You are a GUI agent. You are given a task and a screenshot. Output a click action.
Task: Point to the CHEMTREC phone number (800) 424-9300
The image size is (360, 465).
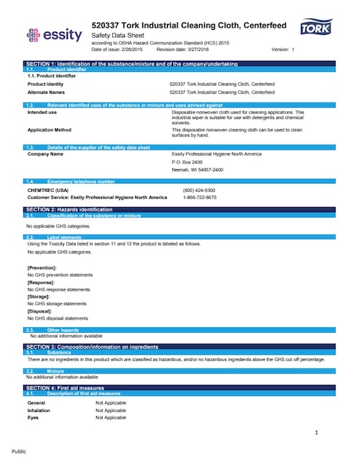point(199,190)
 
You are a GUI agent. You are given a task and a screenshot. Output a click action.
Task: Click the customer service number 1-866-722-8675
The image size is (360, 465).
point(199,197)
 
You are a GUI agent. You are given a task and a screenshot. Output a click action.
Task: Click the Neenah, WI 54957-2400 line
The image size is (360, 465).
point(198,169)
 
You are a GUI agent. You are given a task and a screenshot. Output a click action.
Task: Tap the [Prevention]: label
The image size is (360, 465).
point(42,268)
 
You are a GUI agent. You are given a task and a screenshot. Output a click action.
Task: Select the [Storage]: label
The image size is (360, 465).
point(39,296)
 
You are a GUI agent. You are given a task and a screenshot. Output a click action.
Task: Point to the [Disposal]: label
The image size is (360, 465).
point(40,311)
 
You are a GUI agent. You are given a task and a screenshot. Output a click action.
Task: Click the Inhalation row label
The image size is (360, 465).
point(39,410)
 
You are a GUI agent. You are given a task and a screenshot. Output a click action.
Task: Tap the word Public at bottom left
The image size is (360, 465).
point(19,451)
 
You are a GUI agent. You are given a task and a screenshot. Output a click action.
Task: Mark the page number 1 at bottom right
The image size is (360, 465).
point(316,434)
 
